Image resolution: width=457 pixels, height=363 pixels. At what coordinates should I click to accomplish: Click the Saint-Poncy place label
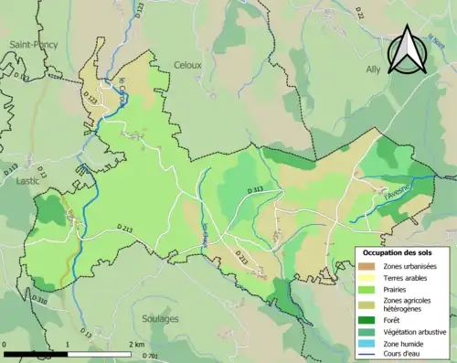pos(30,44)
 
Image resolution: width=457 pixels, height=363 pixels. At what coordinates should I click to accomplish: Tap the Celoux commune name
pos(188,64)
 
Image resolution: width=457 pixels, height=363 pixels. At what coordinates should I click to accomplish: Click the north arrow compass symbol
pos(405,50)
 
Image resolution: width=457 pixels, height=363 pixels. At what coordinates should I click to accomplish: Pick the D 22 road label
pos(359,13)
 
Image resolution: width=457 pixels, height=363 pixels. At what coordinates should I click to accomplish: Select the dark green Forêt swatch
pos(369,319)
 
